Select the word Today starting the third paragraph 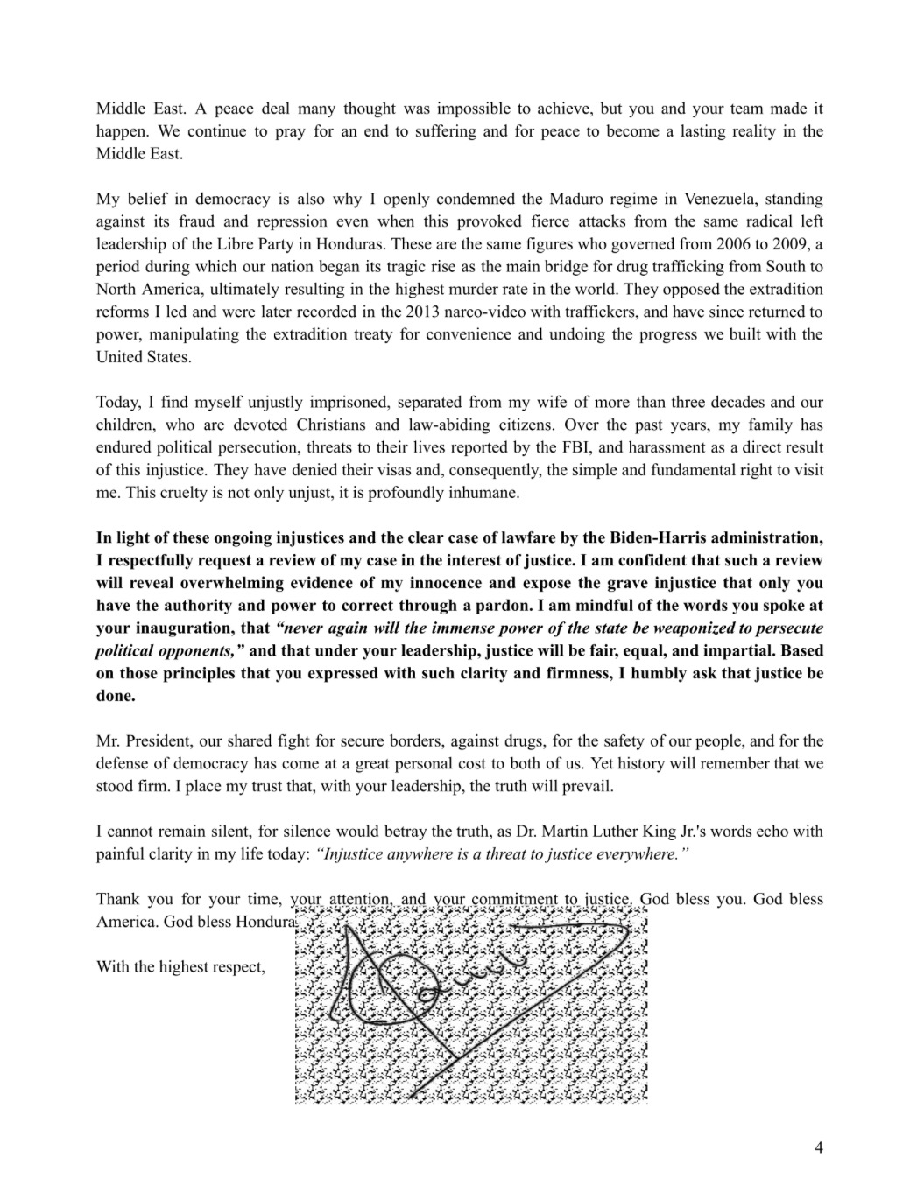click(x=117, y=403)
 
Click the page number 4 click(x=818, y=1148)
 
